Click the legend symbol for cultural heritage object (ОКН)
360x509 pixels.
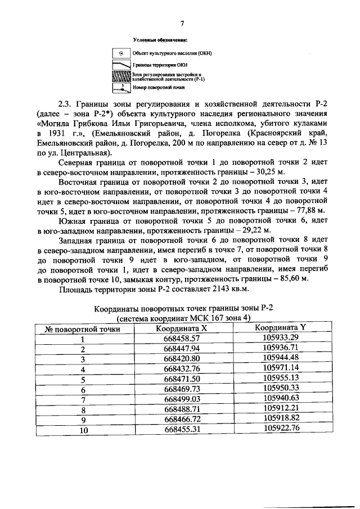click(x=121, y=53)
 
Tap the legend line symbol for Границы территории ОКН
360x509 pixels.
click(x=121, y=65)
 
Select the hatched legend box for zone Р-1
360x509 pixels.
click(x=121, y=76)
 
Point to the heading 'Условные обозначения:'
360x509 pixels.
click(x=160, y=40)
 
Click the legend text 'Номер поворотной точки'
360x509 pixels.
click(x=159, y=88)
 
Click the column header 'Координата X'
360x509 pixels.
click(x=182, y=328)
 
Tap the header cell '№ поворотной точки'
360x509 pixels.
click(x=82, y=329)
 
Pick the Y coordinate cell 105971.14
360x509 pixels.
click(x=280, y=369)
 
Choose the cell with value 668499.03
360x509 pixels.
click(x=182, y=399)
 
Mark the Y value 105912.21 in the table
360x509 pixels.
click(x=280, y=409)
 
